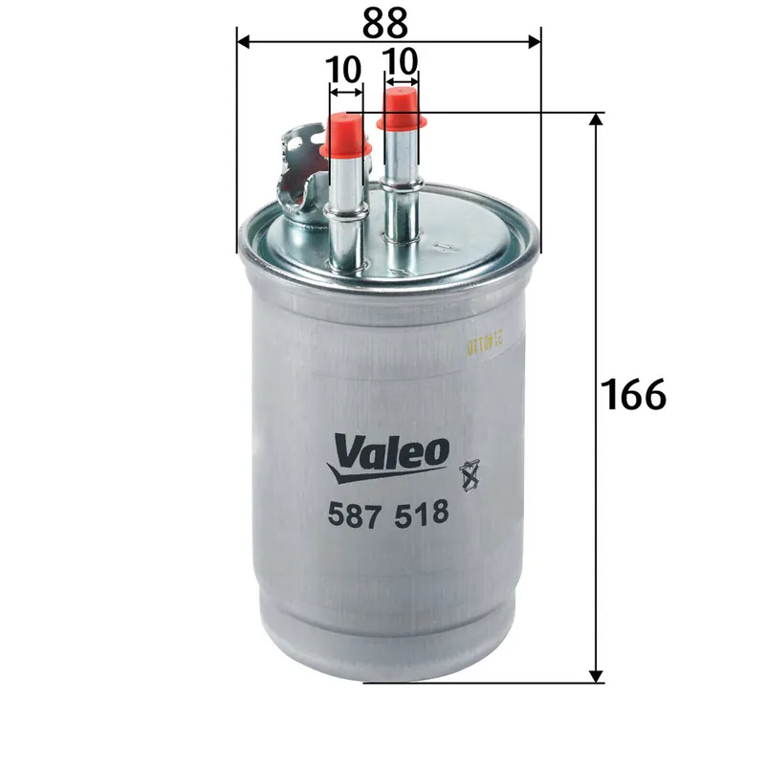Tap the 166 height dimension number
633,394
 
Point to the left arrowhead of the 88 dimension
243,41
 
